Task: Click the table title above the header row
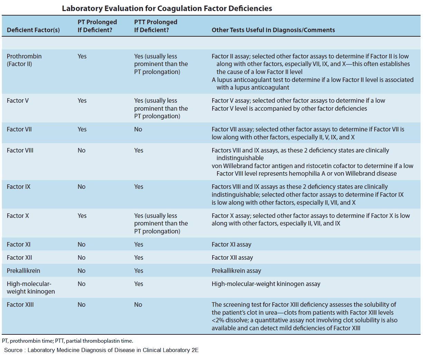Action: tap(167, 8)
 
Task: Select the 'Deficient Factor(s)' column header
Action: tap(33, 30)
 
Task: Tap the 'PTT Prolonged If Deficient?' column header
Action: tap(156, 26)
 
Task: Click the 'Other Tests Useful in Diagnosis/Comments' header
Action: tap(273, 30)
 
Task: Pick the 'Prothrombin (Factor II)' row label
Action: tap(24, 60)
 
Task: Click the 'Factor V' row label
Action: tap(18, 101)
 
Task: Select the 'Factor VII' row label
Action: tap(19, 129)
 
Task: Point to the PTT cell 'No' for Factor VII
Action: tap(138, 129)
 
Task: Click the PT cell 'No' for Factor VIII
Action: tap(81, 150)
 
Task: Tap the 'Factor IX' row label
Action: tap(18, 187)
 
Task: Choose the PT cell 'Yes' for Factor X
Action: tap(82, 216)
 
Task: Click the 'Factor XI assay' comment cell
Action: tap(231, 244)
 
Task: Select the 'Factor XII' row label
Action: tap(19, 258)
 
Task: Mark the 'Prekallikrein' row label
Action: tap(23, 271)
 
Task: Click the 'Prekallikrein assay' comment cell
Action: tap(236, 271)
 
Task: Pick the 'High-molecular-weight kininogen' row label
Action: tap(30, 288)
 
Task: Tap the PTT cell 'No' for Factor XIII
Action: tap(138, 305)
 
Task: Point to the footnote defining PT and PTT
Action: tap(67, 341)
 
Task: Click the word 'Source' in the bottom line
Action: tap(13, 350)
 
